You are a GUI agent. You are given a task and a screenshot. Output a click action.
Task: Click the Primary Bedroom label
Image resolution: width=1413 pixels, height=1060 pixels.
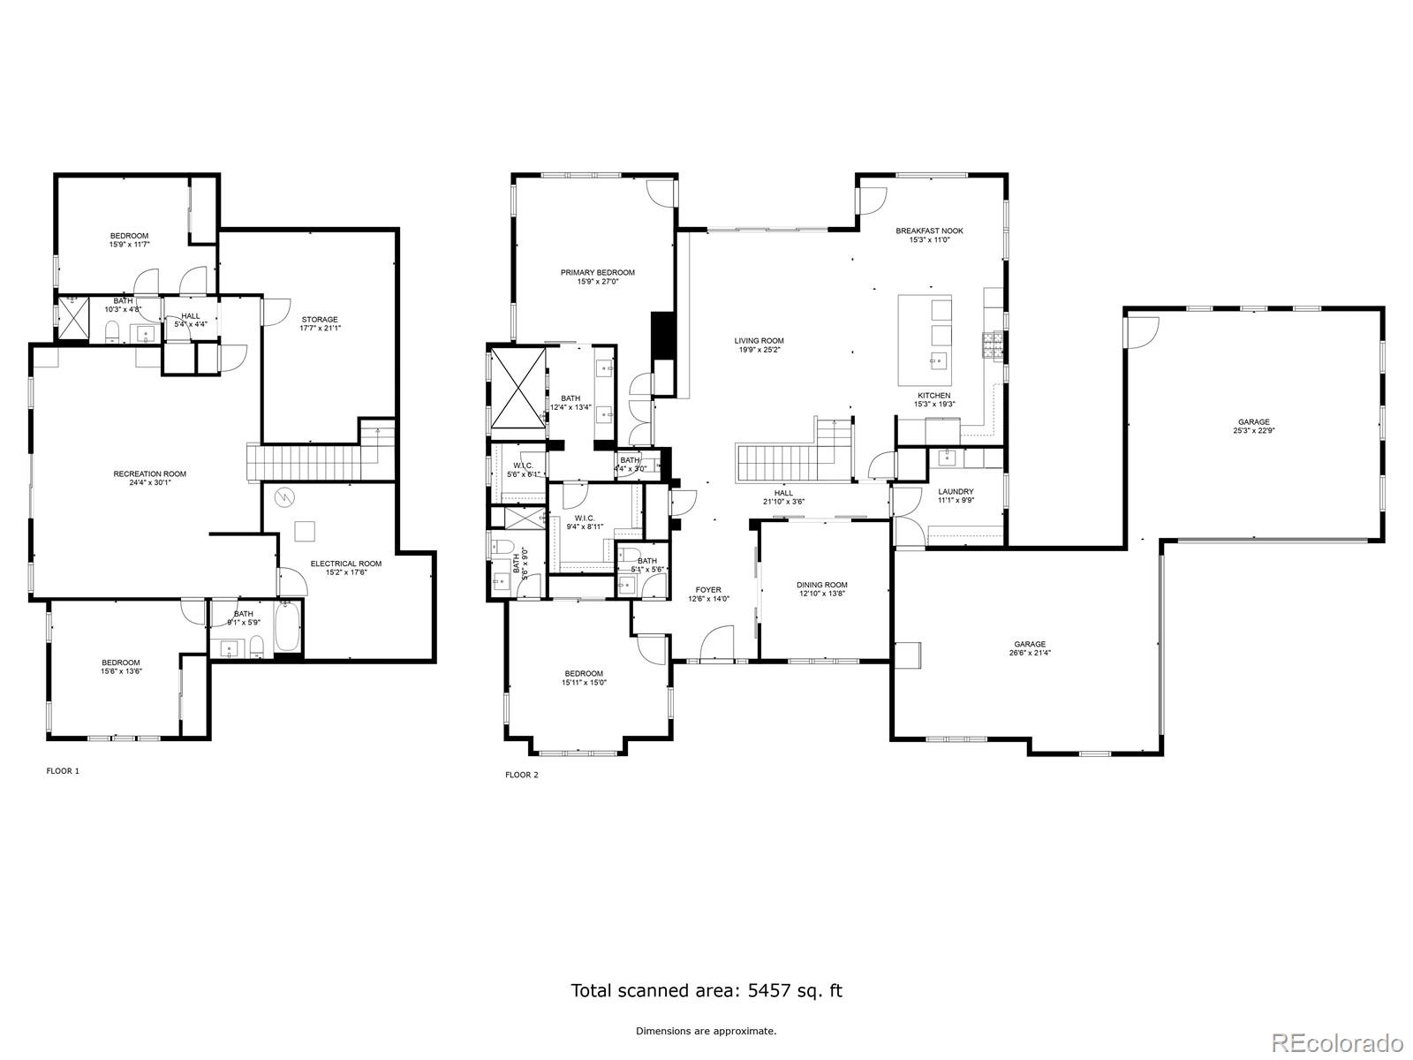click(x=597, y=273)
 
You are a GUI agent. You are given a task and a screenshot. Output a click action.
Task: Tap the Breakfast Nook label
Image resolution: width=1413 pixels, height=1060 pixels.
click(x=929, y=231)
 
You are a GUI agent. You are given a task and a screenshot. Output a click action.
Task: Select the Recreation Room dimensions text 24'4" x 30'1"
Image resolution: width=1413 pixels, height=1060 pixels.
click(x=149, y=482)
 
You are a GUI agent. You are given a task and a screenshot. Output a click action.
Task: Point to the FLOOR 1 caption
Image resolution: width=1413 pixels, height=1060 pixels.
click(x=63, y=771)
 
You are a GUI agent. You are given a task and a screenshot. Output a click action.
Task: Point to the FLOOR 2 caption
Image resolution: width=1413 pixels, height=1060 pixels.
click(x=521, y=775)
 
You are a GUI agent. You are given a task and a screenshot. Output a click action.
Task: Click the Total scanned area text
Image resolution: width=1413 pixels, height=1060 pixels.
click(x=706, y=990)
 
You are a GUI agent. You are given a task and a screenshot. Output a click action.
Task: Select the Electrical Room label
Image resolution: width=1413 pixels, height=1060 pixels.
click(x=345, y=564)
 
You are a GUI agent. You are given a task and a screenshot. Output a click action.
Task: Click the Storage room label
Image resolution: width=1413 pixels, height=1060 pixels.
click(x=319, y=320)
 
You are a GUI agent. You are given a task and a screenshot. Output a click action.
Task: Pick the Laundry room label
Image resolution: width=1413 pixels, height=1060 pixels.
click(x=956, y=492)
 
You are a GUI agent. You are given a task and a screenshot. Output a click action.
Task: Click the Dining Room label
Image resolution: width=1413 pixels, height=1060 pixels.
click(x=821, y=585)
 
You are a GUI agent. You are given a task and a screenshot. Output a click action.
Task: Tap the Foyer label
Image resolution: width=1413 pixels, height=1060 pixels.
click(x=707, y=590)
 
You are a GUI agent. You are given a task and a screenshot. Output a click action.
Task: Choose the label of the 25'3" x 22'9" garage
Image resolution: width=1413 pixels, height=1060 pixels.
click(x=1253, y=422)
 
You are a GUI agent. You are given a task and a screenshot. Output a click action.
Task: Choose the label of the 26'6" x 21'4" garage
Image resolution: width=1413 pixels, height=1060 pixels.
click(x=1030, y=645)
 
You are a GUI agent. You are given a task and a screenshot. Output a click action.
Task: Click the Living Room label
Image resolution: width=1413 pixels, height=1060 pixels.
click(x=759, y=341)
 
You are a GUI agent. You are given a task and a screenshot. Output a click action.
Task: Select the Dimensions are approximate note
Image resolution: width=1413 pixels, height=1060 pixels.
click(x=706, y=1031)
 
